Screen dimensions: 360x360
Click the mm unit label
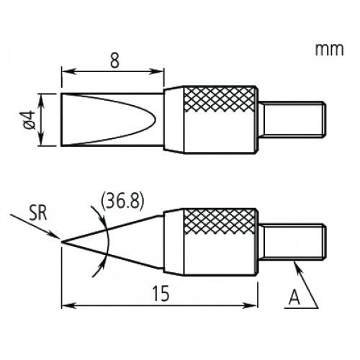[x=329, y=50]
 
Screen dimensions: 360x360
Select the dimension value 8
[x=114, y=60]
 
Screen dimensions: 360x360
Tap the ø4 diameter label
[x=30, y=120]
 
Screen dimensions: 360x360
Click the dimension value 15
[x=161, y=293]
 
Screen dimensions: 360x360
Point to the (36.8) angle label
[x=122, y=201]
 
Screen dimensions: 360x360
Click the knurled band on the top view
[x=220, y=99]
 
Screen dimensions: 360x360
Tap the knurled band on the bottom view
[x=220, y=222]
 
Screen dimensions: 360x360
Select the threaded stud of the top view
[x=294, y=120]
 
